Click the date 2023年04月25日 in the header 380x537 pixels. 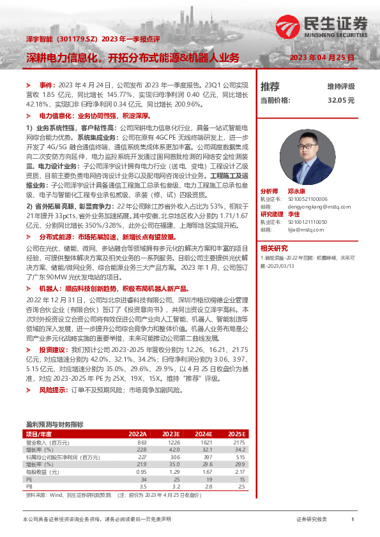[322, 58]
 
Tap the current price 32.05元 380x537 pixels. [341, 100]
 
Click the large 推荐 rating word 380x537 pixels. [270, 86]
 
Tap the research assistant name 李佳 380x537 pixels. [293, 214]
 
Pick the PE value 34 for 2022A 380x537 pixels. [143, 479]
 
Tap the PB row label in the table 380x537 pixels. [29, 487]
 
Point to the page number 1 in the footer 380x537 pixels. [352, 520]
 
